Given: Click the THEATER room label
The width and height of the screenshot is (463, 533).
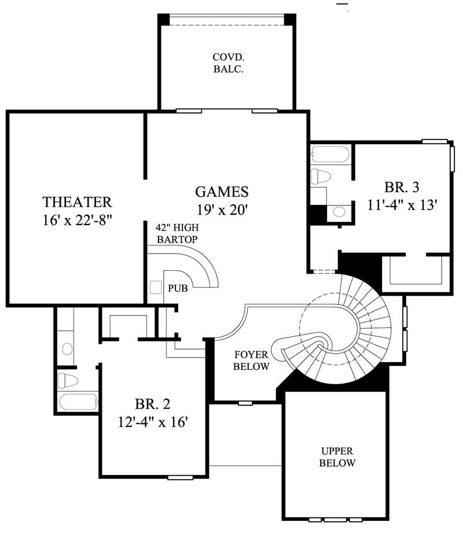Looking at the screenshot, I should pyautogui.click(x=77, y=202).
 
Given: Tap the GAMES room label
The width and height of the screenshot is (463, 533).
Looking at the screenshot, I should pyautogui.click(x=222, y=192).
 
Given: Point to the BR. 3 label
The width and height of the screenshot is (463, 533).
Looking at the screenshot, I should pyautogui.click(x=401, y=188).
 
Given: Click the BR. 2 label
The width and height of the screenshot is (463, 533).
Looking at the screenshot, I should pyautogui.click(x=153, y=403).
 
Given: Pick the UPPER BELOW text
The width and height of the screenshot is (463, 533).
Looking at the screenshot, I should pyautogui.click(x=337, y=457).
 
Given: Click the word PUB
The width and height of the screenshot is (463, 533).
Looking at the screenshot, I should pyautogui.click(x=178, y=288).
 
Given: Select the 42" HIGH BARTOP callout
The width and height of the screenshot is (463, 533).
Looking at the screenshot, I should pyautogui.click(x=177, y=233).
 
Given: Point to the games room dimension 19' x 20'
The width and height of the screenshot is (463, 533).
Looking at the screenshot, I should pyautogui.click(x=222, y=210).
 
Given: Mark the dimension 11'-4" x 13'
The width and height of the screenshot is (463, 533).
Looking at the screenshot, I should pyautogui.click(x=401, y=205).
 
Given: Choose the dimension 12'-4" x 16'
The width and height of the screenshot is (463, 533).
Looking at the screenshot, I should pyautogui.click(x=153, y=422).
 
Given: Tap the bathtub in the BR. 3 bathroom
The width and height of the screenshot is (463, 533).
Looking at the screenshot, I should pyautogui.click(x=329, y=155).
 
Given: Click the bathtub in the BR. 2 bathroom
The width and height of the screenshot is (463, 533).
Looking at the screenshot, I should pyautogui.click(x=77, y=402).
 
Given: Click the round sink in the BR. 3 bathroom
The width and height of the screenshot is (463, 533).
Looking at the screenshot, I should pyautogui.click(x=339, y=212).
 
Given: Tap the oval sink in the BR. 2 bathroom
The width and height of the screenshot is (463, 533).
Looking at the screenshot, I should pyautogui.click(x=67, y=348).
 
